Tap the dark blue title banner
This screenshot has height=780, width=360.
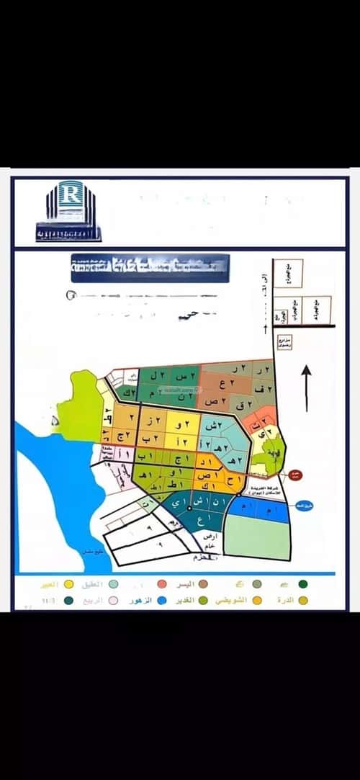click(x=150, y=267)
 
